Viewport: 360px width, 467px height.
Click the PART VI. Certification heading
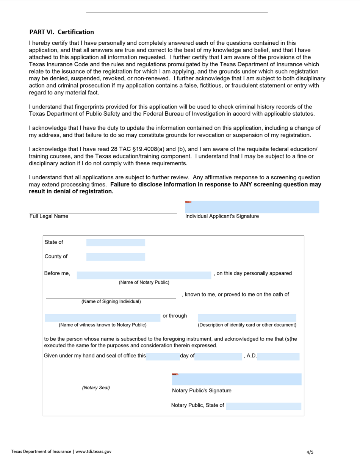[x=62, y=32]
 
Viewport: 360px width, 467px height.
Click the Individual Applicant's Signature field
[x=252, y=207]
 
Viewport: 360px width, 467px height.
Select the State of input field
[x=116, y=243]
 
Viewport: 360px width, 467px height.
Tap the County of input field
[x=116, y=257]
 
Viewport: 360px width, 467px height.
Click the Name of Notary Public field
[x=144, y=275]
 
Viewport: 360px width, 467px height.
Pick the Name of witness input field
[x=102, y=318]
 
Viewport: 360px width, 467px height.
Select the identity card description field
[x=247, y=318]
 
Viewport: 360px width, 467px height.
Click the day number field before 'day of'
[x=163, y=357]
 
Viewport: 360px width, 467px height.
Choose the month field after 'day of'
[x=218, y=357]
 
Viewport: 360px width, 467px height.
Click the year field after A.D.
[x=278, y=357]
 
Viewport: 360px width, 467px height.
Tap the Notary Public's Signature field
[x=236, y=379]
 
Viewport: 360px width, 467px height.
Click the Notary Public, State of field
[x=263, y=406]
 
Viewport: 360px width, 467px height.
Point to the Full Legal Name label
[x=49, y=216]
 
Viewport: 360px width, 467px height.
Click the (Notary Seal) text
[x=96, y=388]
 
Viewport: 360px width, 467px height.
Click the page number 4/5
[x=310, y=452]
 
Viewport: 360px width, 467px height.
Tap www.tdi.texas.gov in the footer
[x=93, y=451]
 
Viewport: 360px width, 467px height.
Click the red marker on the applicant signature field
[x=188, y=202]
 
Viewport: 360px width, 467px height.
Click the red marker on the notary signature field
[x=175, y=375]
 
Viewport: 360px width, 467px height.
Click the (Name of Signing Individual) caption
[x=111, y=302]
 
